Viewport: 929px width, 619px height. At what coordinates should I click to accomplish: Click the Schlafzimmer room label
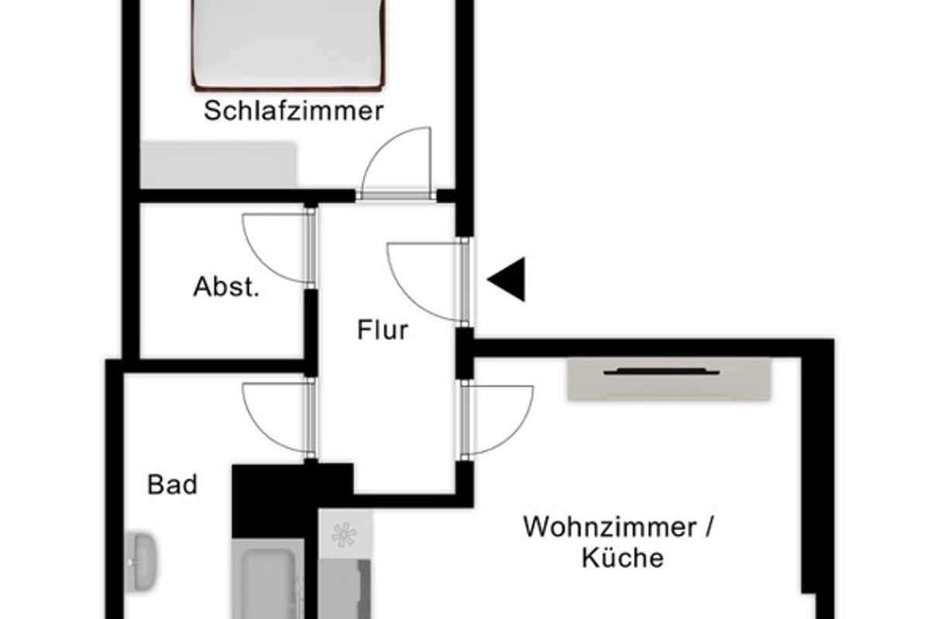pos(293,111)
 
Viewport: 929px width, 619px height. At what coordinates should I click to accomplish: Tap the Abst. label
pos(225,287)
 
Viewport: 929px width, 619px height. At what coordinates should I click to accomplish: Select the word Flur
pos(382,330)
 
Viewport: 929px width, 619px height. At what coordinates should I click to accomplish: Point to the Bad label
pos(172,485)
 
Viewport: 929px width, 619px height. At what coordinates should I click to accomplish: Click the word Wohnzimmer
pos(609,528)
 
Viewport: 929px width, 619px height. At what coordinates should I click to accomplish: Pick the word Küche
pos(623,558)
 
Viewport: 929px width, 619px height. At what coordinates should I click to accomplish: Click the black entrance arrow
pos(508,279)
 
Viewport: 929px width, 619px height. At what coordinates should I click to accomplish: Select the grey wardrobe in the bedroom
pos(218,164)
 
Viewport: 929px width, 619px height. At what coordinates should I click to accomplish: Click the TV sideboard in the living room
pos(669,379)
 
